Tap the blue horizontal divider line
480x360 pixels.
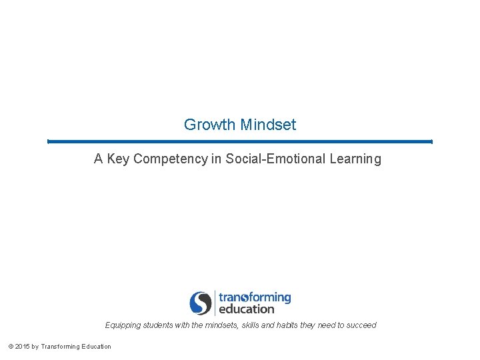tap(240, 141)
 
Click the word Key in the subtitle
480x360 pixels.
tap(118, 159)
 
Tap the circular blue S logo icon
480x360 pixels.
tap(200, 303)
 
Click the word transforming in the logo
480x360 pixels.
tap(255, 297)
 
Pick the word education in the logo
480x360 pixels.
tap(246, 309)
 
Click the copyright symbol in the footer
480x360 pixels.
tap(10, 346)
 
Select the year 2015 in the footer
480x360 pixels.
tap(22, 346)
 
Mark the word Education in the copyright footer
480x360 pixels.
tap(97, 346)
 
